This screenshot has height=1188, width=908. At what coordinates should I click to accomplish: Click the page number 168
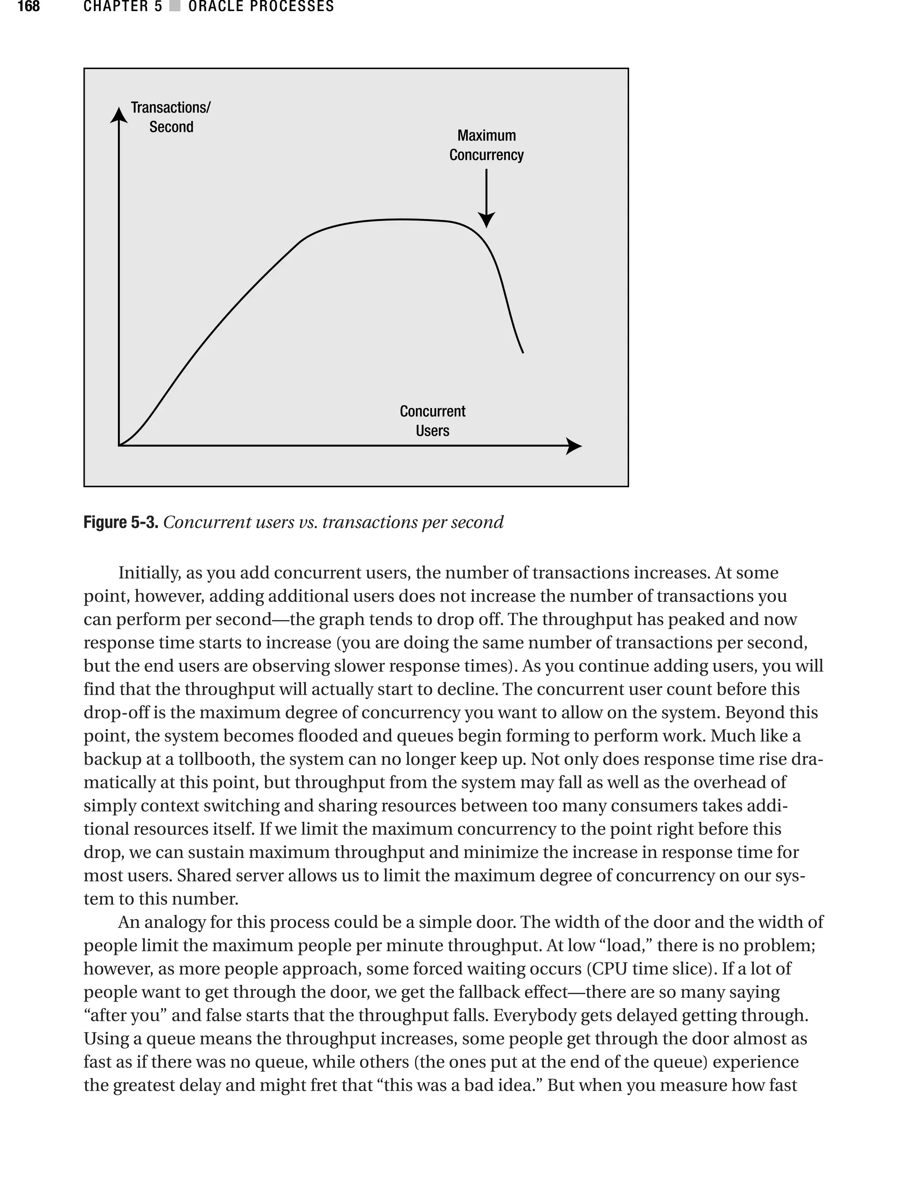click(x=29, y=7)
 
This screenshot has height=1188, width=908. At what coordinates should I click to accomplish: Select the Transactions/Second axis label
click(x=171, y=117)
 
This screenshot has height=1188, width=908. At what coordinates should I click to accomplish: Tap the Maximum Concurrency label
click(x=486, y=145)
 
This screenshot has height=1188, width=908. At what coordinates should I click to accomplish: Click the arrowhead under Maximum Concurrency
click(x=486, y=220)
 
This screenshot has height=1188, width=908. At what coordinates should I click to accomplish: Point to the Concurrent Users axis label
click(x=432, y=421)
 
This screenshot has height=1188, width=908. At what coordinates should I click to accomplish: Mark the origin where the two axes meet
click(x=119, y=445)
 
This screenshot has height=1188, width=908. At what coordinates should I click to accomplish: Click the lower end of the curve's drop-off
click(x=523, y=352)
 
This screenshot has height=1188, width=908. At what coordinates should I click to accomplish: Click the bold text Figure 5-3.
click(x=121, y=522)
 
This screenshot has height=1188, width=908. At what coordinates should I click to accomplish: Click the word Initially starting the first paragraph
click(x=149, y=573)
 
